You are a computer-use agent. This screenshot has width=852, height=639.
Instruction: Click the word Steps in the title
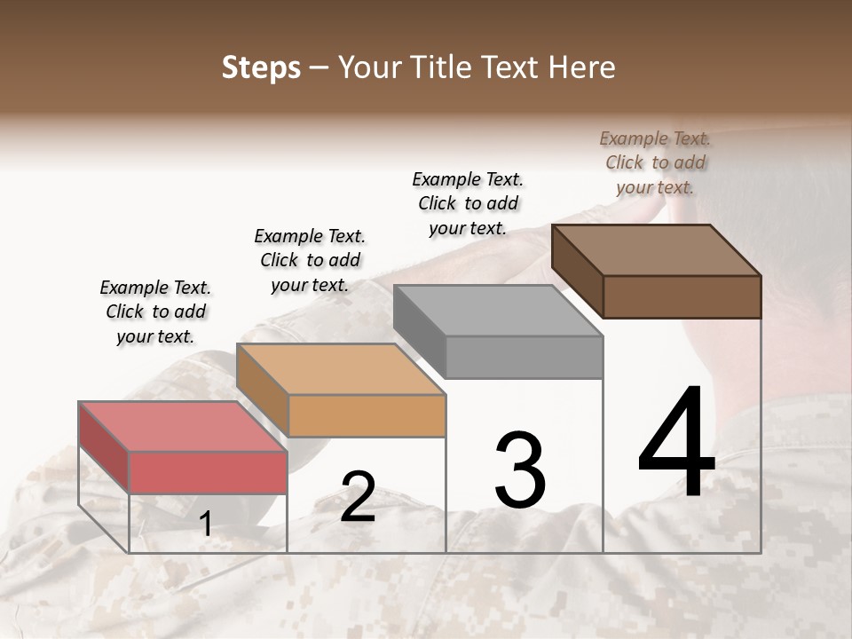click(261, 67)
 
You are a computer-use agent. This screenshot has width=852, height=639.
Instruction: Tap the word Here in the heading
click(581, 67)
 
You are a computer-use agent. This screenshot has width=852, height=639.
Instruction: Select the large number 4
click(676, 444)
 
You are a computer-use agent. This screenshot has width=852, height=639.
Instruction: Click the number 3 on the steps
click(520, 469)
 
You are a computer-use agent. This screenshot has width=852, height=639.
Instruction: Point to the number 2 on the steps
click(358, 497)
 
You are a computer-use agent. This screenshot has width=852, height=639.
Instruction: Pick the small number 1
click(206, 524)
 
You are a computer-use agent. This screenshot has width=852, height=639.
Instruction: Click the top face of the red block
click(183, 426)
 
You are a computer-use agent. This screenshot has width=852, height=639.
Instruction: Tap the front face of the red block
click(209, 472)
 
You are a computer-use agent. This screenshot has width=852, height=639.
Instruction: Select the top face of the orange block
click(341, 368)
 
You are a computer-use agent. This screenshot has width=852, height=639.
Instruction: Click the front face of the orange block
click(367, 415)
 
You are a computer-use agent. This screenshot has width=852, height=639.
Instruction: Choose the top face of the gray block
click(498, 310)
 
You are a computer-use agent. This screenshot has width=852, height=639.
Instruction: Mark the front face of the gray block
click(524, 357)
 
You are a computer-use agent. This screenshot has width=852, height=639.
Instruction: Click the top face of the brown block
click(657, 249)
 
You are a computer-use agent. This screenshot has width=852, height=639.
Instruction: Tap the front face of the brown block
click(682, 296)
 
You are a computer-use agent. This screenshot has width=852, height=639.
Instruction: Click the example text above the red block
click(155, 312)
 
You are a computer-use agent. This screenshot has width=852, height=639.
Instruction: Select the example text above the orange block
click(310, 260)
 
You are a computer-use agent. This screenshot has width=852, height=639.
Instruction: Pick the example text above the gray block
click(468, 203)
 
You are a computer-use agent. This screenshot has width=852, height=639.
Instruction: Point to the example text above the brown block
click(655, 162)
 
